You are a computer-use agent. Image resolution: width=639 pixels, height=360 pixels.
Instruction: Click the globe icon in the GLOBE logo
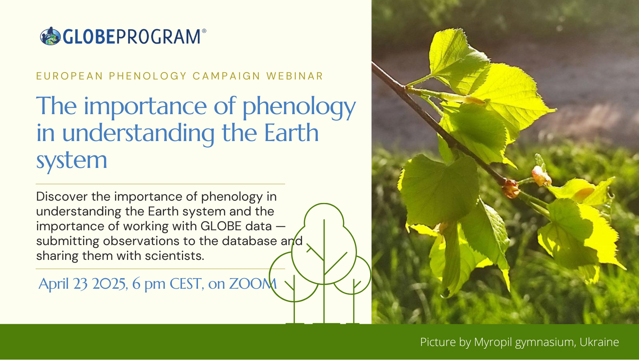pyautogui.click(x=50, y=36)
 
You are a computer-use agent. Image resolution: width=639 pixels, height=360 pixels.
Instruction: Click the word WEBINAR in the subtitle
pyautogui.click(x=295, y=76)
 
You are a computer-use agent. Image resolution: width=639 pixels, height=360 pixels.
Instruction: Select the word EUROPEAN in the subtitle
pyautogui.click(x=70, y=76)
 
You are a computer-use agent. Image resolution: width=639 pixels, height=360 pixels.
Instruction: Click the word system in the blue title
pyautogui.click(x=72, y=160)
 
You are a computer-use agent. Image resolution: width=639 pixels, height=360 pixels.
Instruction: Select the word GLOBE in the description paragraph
pyautogui.click(x=221, y=226)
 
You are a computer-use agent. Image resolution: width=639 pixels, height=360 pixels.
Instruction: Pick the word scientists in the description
pyautogui.click(x=175, y=256)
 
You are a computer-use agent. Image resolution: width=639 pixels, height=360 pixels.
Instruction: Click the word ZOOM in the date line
pyautogui.click(x=253, y=284)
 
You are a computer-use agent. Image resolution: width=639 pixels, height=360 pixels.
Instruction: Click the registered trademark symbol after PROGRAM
pyautogui.click(x=204, y=31)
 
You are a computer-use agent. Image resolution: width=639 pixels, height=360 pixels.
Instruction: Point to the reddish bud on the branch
pyautogui.click(x=510, y=188)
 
